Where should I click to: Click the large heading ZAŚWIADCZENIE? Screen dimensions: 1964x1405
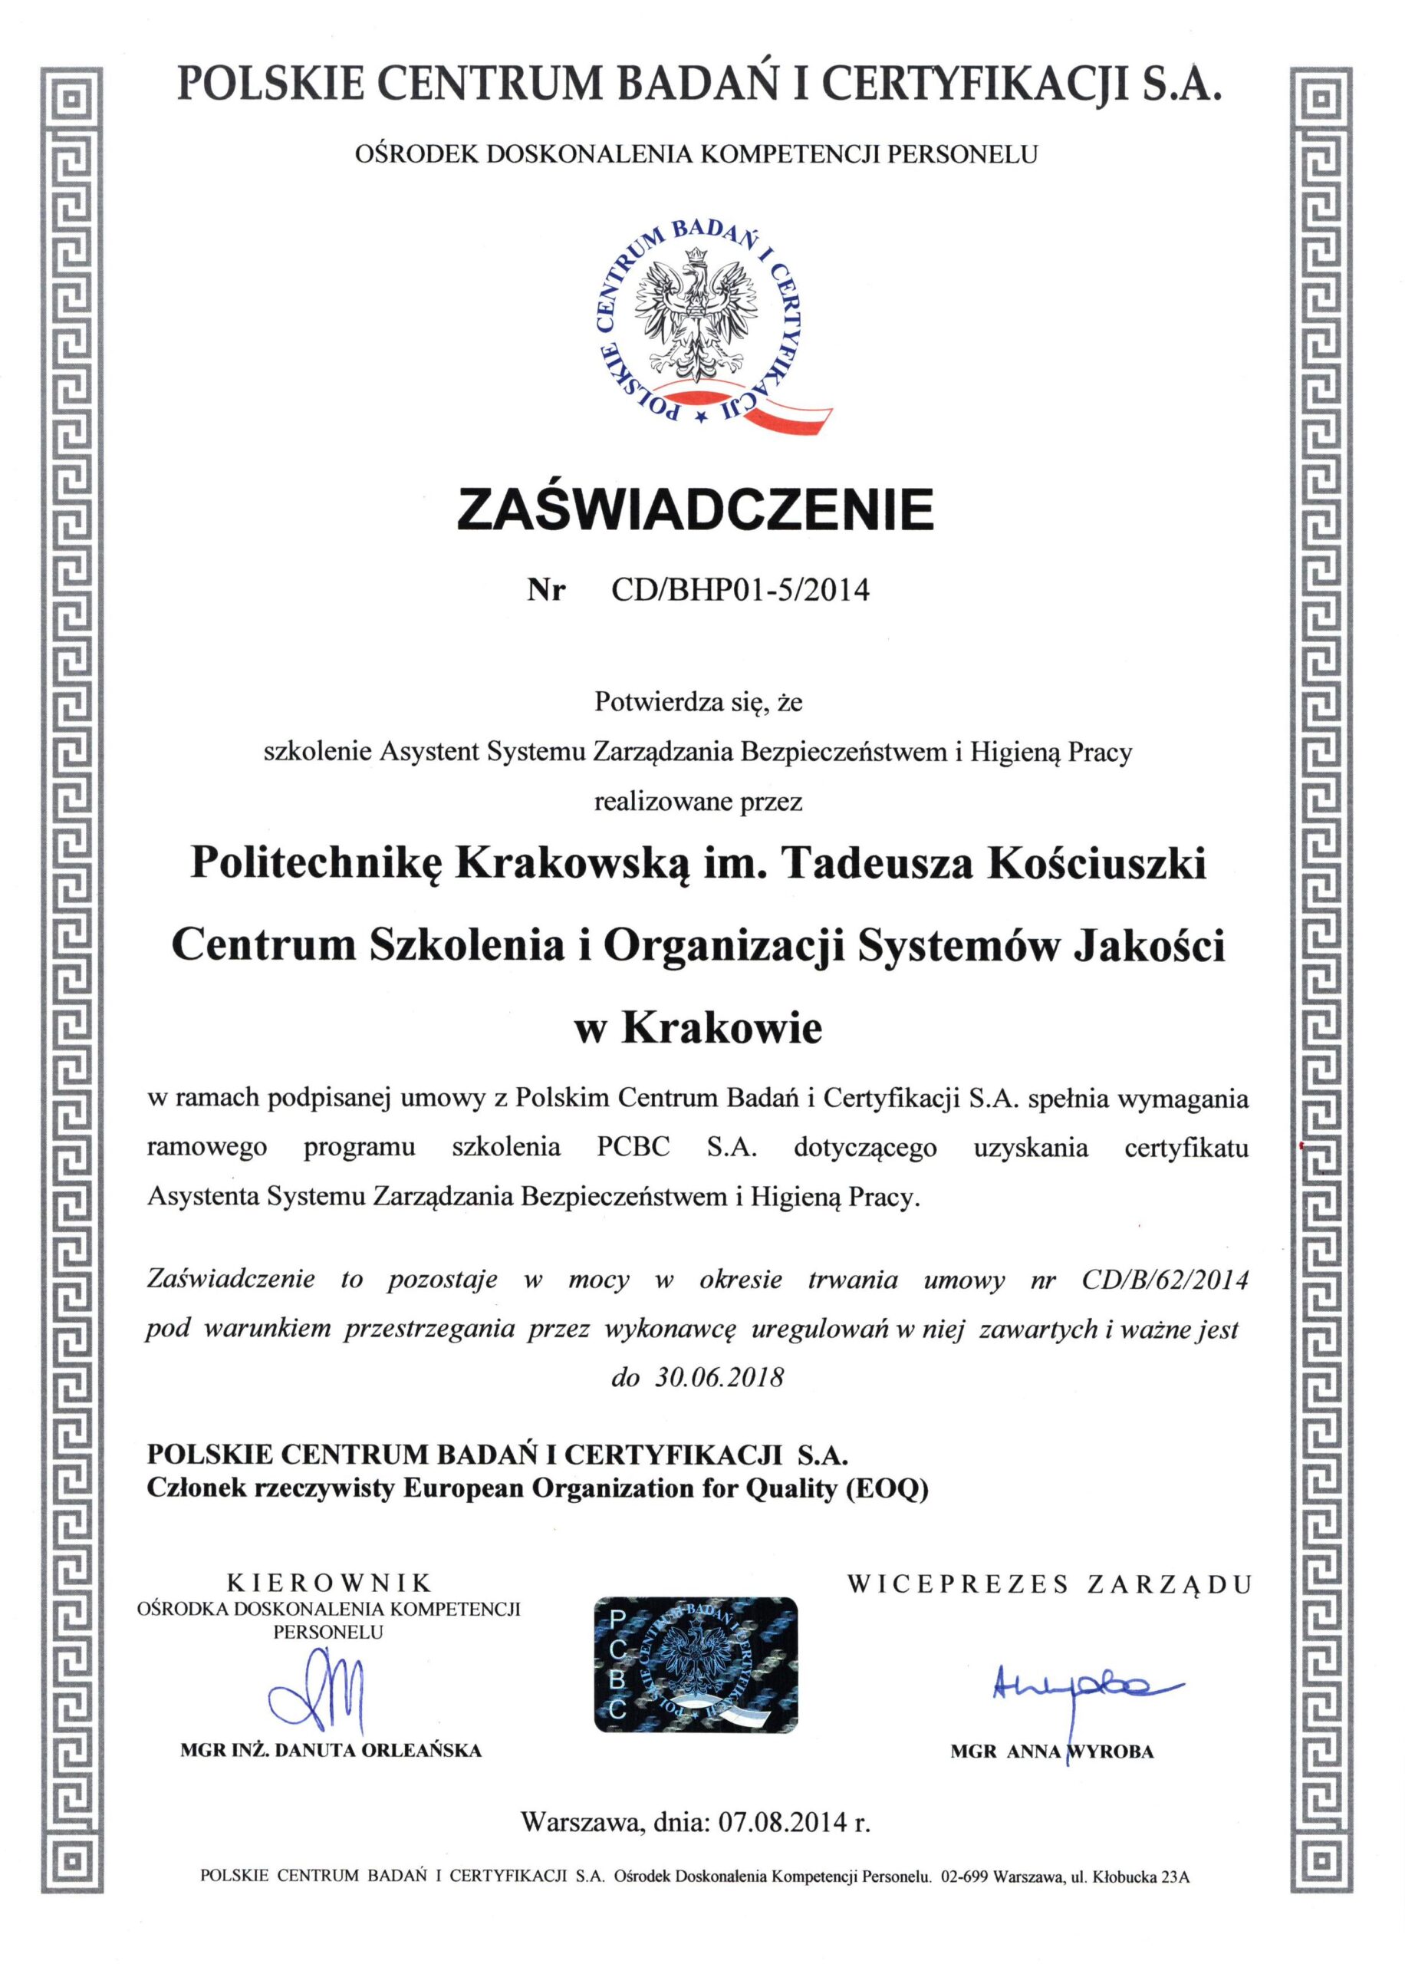696,510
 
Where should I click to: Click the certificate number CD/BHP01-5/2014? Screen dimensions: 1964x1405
740,590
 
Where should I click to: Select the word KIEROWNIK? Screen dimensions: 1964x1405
329,1584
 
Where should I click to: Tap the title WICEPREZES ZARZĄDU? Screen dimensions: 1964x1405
1050,1584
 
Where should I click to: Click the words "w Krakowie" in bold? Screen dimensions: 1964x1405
698,1029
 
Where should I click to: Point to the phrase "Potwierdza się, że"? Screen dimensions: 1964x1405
698,702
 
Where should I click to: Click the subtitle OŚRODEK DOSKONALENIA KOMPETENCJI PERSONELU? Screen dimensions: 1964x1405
696,154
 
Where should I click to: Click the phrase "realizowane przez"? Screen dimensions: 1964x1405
698,801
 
